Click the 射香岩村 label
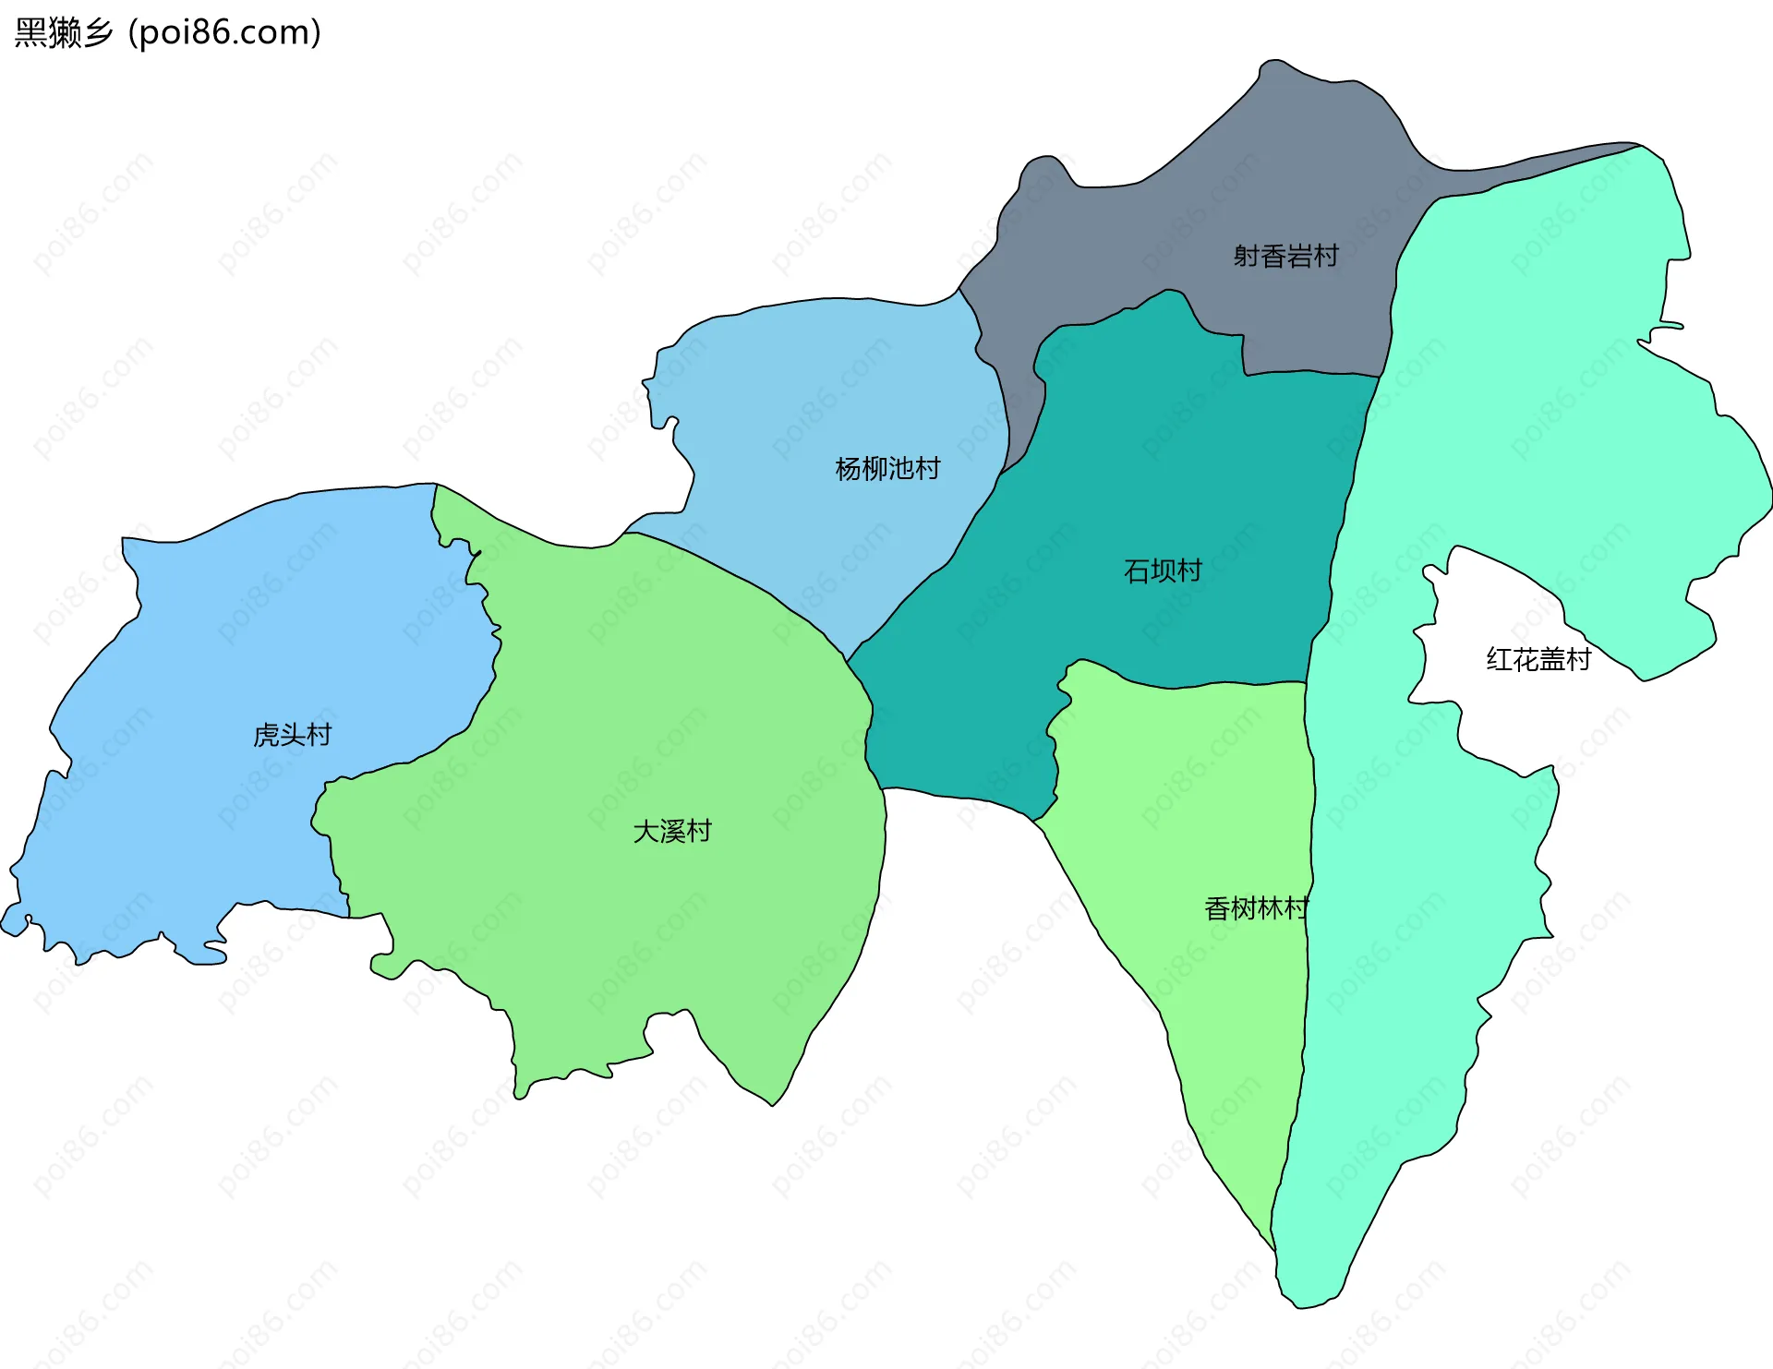coord(1285,256)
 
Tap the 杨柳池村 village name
coord(887,469)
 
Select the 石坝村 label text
coord(1163,571)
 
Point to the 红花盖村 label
coord(1538,659)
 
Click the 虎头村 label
coord(292,735)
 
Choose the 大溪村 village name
coord(672,832)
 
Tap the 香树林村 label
coord(1256,909)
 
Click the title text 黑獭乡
coord(63,32)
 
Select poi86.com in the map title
coord(224,32)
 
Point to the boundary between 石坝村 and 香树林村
coord(1191,686)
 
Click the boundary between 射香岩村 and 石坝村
coord(1311,373)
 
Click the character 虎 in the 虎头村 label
coord(266,735)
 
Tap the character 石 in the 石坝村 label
coord(1137,571)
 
